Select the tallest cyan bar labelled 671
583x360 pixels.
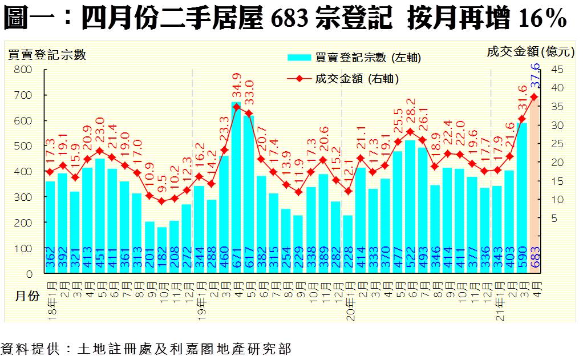(x=236, y=188)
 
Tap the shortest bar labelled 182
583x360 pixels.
(x=161, y=251)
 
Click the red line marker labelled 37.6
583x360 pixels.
(x=534, y=97)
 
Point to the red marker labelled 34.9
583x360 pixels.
(x=236, y=107)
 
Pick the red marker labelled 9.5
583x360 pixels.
(x=161, y=201)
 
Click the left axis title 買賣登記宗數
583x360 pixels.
(x=47, y=55)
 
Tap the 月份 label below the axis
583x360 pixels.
(x=27, y=296)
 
